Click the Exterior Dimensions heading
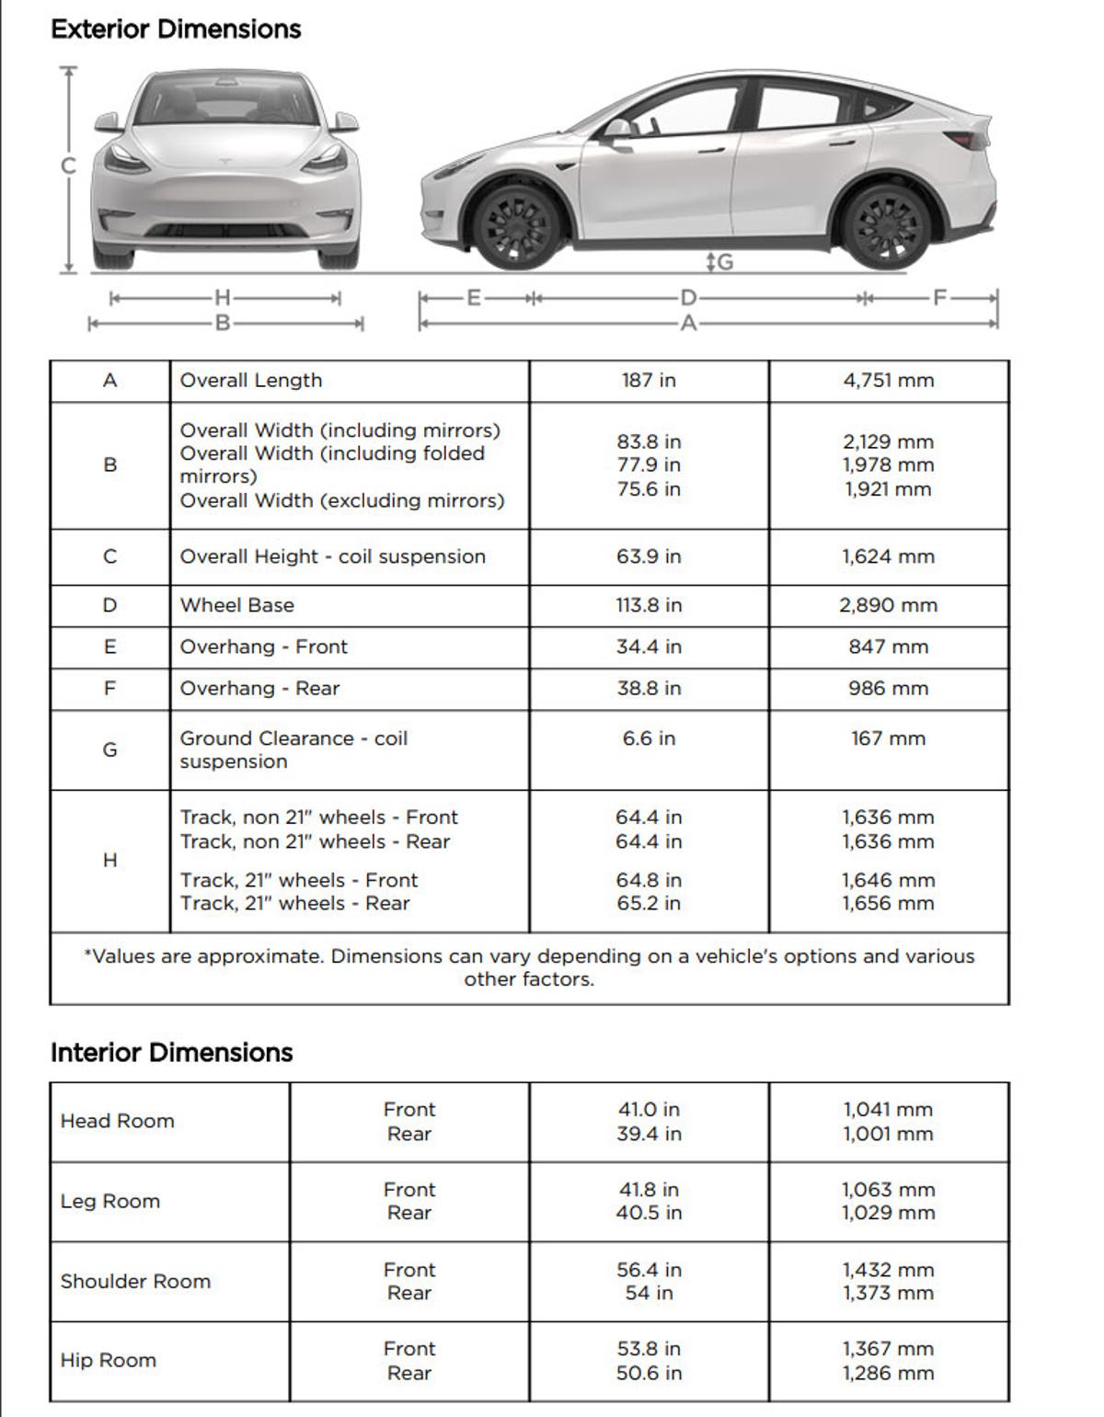pyautogui.click(x=176, y=29)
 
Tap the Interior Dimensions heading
pyautogui.click(x=171, y=1053)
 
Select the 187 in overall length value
pyautogui.click(x=649, y=381)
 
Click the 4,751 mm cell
pyautogui.click(x=888, y=381)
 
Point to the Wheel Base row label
pyautogui.click(x=237, y=605)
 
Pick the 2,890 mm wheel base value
pyautogui.click(x=888, y=605)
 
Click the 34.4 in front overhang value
pyautogui.click(x=649, y=647)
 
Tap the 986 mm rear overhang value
pyautogui.click(x=888, y=689)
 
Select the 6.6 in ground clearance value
pyautogui.click(x=649, y=738)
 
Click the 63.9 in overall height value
pyautogui.click(x=649, y=557)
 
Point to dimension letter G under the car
pyautogui.click(x=724, y=263)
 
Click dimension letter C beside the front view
pyautogui.click(x=67, y=166)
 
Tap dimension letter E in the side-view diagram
pyautogui.click(x=474, y=298)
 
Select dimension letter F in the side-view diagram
pyautogui.click(x=939, y=298)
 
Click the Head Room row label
pyautogui.click(x=117, y=1121)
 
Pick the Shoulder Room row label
pyautogui.click(x=135, y=1282)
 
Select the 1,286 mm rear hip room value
pyautogui.click(x=888, y=1374)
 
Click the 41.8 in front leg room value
pyautogui.click(x=649, y=1190)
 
